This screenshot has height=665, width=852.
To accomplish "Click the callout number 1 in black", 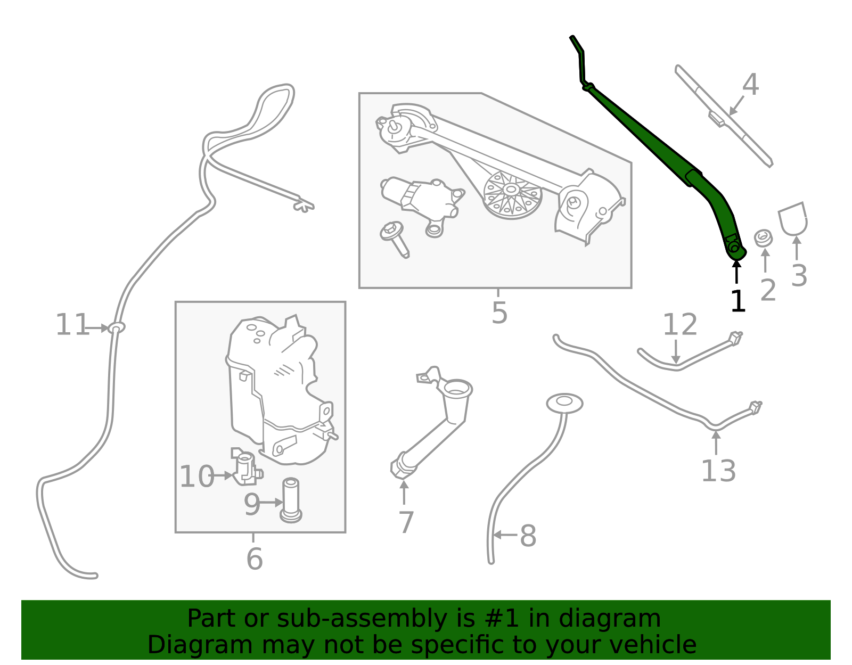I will [x=738, y=302].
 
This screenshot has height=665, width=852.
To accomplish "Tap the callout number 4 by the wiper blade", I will [x=750, y=85].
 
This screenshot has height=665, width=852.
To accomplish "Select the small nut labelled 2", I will [x=764, y=237].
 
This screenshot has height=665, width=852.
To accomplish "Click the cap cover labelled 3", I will [x=792, y=218].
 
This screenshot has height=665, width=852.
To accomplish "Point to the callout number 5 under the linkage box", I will [x=499, y=313].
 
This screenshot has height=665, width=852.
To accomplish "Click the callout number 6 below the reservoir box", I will [x=254, y=559].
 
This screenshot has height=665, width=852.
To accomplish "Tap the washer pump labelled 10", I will [x=245, y=467].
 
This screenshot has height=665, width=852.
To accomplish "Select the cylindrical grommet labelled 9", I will [x=291, y=500].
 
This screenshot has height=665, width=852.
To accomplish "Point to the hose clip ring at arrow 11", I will [x=116, y=327].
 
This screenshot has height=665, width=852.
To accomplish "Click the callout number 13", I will [x=718, y=471].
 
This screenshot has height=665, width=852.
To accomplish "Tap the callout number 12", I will [x=679, y=325].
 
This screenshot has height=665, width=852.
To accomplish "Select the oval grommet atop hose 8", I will [x=564, y=404].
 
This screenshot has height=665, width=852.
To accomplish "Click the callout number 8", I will [x=528, y=536].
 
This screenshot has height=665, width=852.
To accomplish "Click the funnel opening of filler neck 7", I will [x=457, y=388].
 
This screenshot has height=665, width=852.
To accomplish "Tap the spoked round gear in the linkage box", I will [x=512, y=195].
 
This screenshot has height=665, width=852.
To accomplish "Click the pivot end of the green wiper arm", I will [x=735, y=248].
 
